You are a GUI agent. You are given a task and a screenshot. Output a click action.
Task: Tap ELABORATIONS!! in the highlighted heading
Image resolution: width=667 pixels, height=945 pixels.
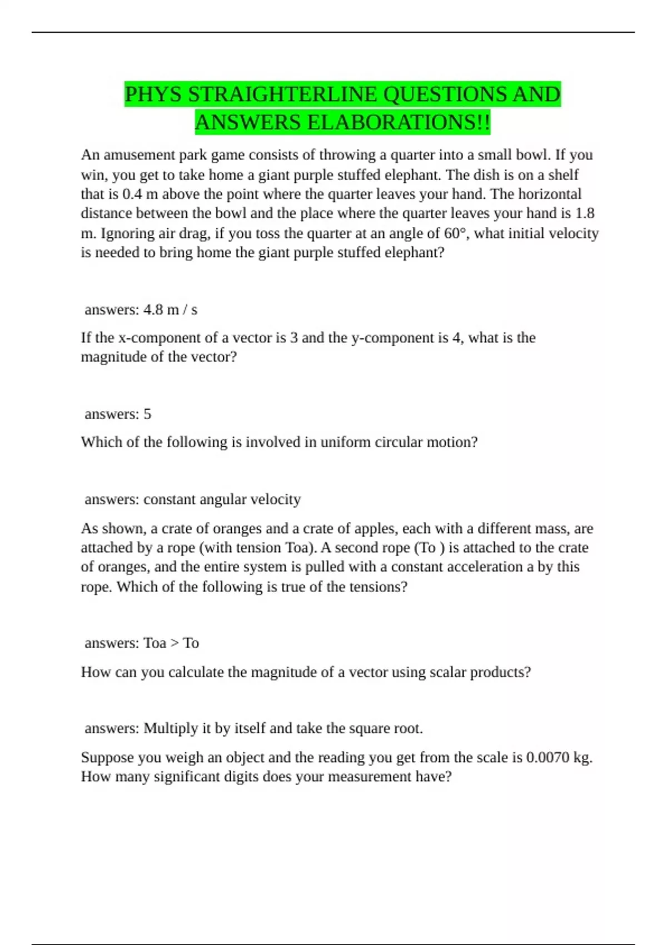point(399,122)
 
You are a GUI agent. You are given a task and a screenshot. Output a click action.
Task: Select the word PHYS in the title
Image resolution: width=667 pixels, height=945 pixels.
point(153,94)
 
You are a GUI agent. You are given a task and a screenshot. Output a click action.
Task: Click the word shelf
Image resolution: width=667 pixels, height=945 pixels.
point(563,175)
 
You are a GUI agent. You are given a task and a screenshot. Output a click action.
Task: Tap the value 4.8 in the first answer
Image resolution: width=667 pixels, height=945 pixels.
point(153,310)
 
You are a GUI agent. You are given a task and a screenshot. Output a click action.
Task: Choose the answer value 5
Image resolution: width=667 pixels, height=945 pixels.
point(147,414)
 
